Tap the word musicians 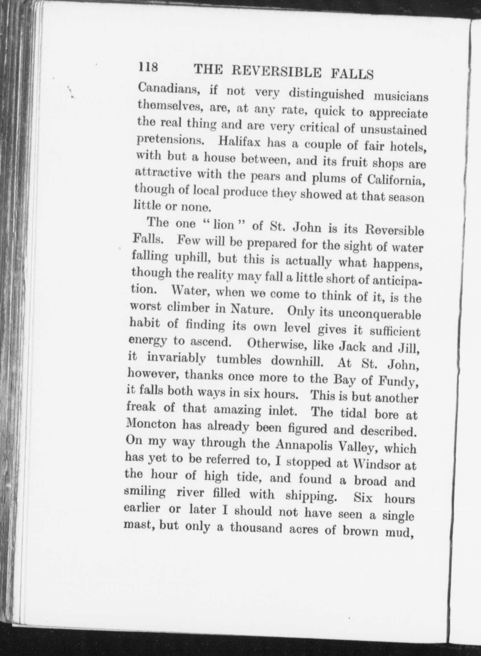(x=401, y=96)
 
